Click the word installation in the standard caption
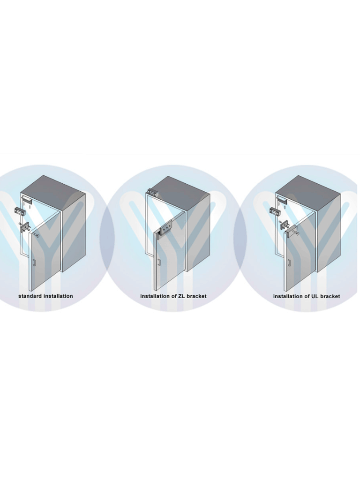(x=58, y=296)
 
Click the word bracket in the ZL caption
(x=197, y=296)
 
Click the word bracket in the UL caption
(x=330, y=296)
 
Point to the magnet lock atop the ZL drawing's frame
(x=152, y=191)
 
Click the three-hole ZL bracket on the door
(x=165, y=230)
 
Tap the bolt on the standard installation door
(x=37, y=232)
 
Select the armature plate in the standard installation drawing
(x=25, y=226)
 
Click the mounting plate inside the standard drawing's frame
(x=26, y=200)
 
